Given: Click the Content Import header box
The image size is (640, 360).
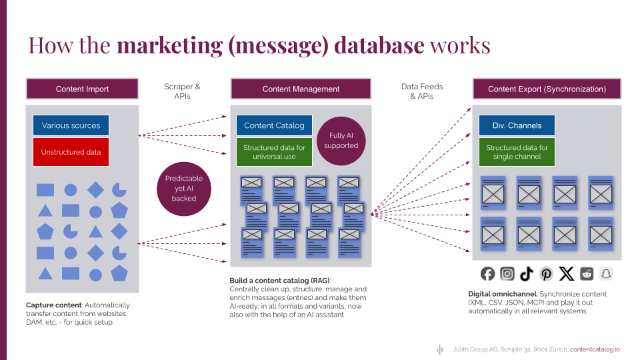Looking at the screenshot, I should coord(82,89).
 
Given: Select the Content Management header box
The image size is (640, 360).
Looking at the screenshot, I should coord(301,89).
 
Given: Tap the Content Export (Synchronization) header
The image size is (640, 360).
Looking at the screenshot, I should coord(547,89).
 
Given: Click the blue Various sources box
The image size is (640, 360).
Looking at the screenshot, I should coord(71,125).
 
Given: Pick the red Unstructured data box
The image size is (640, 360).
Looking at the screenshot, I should coord(71,152).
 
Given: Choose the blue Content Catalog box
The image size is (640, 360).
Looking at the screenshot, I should coord(274,125).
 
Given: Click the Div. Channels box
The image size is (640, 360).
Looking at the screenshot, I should coord(517,125).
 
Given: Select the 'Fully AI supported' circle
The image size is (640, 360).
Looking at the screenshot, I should coord(341,141).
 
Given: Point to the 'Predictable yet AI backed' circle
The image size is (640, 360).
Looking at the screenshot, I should coord(183,188).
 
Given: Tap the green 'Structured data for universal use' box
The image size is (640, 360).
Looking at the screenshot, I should coord(274,152).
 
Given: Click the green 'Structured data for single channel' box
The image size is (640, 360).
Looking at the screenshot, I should coord(517,152).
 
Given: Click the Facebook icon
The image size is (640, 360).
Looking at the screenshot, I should coord(488,273).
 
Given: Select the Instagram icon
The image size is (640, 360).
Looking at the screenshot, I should coord(507,273).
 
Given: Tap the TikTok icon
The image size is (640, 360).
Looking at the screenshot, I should coord(527,273).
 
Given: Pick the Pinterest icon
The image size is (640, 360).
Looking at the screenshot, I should coord(547,273).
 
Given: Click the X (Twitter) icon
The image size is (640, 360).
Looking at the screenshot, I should coord(567,273).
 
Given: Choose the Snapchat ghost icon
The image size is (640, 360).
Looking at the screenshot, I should coord(606,273).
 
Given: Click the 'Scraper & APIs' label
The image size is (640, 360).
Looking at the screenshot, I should coord(182,91).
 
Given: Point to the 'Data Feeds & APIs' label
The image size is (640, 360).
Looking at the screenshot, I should coord(422,91).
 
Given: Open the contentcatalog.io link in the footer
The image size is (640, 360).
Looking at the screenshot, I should coord(595,349).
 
